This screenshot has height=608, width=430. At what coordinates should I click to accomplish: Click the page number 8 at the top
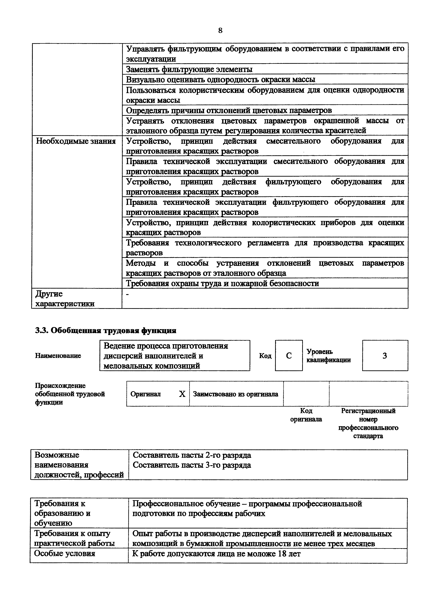coord(220,31)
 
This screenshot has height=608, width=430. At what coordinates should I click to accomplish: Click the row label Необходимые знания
coord(76,141)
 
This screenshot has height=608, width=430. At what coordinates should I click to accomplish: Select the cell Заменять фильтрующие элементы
coord(189,69)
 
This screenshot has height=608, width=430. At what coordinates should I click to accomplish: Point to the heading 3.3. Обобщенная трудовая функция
coord(105,331)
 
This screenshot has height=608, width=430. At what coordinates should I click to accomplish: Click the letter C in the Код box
coord(289,356)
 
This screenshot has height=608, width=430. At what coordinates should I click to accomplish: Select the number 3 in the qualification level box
coord(385,356)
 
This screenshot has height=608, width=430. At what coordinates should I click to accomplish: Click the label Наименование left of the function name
coord(58,356)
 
